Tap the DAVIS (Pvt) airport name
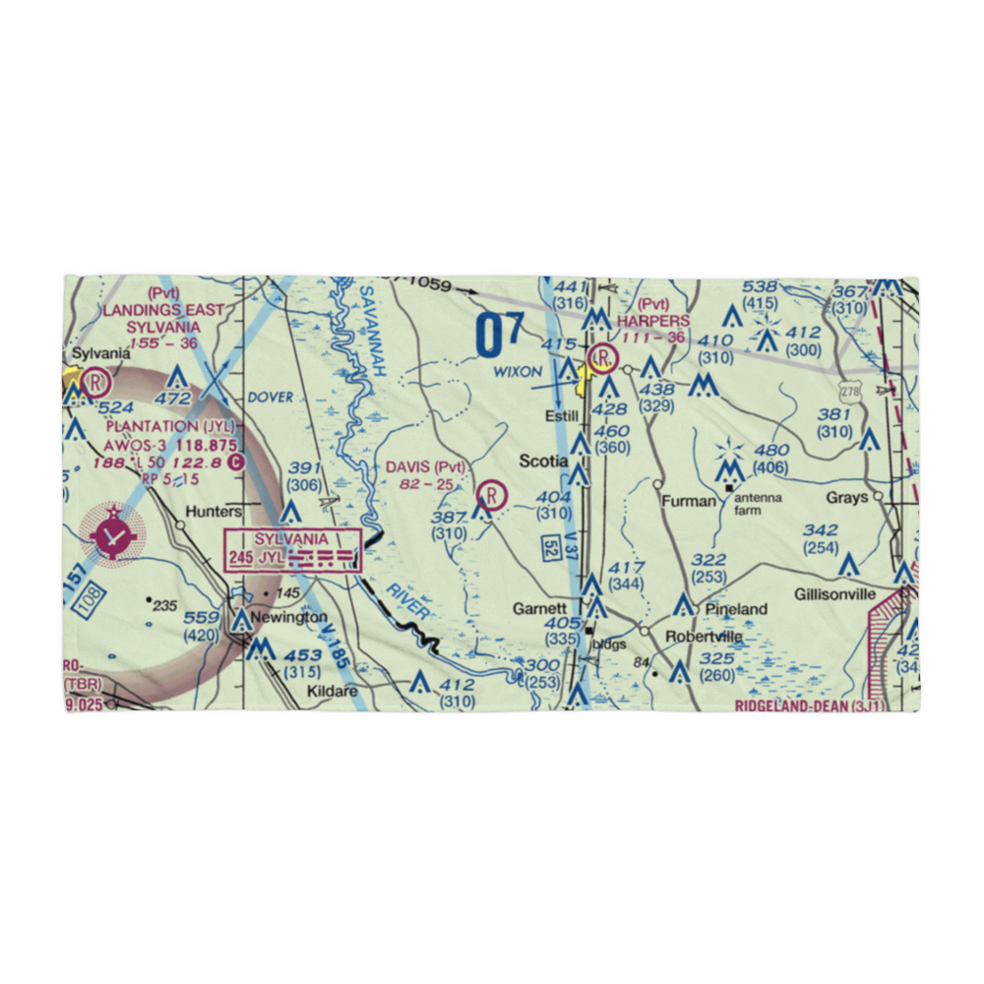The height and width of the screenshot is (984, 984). (424, 466)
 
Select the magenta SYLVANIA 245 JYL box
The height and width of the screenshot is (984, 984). (292, 549)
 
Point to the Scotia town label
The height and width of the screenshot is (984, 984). (544, 461)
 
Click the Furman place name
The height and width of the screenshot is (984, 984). (689, 501)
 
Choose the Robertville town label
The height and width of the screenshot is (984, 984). (704, 637)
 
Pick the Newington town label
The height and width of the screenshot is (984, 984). (290, 616)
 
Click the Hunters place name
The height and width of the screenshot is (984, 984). (213, 513)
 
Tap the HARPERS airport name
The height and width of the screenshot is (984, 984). (653, 321)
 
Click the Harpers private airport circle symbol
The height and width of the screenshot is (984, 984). (602, 357)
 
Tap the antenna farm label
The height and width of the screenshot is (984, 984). (758, 504)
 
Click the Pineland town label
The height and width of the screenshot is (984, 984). (735, 609)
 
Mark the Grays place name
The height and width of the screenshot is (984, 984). (846, 498)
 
